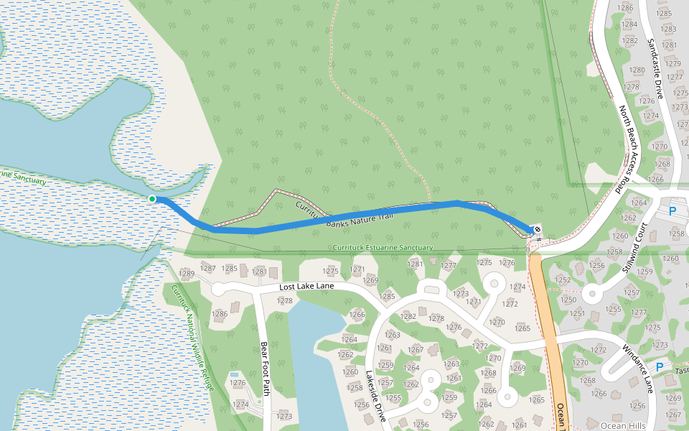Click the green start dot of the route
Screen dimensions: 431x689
pyautogui.click(x=152, y=198)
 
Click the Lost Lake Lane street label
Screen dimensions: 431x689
pyautogui.click(x=306, y=287)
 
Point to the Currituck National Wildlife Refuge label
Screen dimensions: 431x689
pyautogui.click(x=192, y=337)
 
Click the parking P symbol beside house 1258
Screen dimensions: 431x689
pyautogui.click(x=672, y=211)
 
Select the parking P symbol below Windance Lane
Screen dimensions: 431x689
pyautogui.click(x=658, y=367)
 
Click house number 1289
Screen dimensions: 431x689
pyautogui.click(x=187, y=274)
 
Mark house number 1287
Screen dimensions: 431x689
pyautogui.click(x=207, y=268)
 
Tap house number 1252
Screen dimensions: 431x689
pyautogui.click(x=563, y=280)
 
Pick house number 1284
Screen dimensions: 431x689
pyautogui.click(x=629, y=24)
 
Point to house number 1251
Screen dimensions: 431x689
pyautogui.click(x=577, y=314)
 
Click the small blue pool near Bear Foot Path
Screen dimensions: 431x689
pyautogui.click(x=234, y=375)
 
